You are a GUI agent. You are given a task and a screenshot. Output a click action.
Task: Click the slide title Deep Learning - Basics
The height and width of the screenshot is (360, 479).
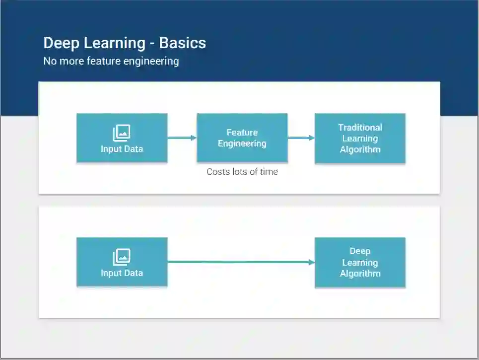[x=125, y=43]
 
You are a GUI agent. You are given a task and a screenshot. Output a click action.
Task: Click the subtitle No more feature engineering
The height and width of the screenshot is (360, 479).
[x=111, y=61]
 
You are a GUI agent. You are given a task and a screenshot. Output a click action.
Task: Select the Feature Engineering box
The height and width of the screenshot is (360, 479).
[x=242, y=138]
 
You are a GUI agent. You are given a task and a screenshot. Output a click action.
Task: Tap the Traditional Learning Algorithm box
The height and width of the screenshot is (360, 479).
[x=360, y=138]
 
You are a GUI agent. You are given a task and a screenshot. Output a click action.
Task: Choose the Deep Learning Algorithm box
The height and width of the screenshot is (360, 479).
[x=360, y=262]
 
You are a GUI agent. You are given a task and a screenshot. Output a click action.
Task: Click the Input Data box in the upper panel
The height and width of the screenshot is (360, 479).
[x=122, y=138]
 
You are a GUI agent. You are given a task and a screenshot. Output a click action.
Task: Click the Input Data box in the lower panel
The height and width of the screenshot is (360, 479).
[x=122, y=262]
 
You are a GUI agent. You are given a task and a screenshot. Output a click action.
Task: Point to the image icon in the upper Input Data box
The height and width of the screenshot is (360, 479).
[x=122, y=133]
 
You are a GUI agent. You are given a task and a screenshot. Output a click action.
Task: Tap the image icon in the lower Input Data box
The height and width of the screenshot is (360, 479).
[x=122, y=257]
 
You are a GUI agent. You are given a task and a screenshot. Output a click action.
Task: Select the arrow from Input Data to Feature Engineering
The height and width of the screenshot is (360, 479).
[x=182, y=138]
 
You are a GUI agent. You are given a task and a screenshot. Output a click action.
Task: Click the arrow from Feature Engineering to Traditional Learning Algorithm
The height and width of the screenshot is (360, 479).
[x=301, y=138]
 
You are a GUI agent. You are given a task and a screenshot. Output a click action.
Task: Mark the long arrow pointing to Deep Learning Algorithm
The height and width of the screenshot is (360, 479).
[x=241, y=262]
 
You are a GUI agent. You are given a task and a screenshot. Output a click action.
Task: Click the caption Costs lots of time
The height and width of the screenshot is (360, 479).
[x=242, y=172]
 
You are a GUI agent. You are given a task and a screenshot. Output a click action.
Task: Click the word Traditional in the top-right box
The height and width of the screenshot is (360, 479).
[x=360, y=128]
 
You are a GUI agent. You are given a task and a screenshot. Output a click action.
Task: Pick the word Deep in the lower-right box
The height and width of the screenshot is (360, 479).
[x=360, y=251]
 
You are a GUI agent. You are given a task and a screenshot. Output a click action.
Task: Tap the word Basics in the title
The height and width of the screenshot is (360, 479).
[x=182, y=43]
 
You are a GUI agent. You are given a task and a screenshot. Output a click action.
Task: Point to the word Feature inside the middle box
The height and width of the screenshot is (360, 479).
[x=242, y=133]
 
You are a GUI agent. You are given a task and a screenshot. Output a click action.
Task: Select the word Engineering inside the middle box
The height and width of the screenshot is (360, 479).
[x=242, y=144]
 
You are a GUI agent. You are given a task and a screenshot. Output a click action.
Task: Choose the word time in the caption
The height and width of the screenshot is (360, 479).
[x=268, y=172]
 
